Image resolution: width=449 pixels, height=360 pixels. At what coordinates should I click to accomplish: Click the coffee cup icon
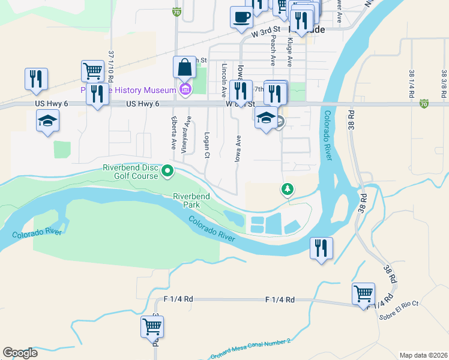tap(241, 17)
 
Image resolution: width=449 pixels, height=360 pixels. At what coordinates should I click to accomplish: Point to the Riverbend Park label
tap(191, 200)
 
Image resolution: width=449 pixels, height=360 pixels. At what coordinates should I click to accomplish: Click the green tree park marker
tap(288, 190)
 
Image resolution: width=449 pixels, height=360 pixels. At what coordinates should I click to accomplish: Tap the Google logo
tap(20, 353)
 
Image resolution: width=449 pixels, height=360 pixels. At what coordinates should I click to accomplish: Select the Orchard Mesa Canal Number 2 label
tap(250, 349)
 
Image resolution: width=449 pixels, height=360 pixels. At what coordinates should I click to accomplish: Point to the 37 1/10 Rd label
tap(111, 67)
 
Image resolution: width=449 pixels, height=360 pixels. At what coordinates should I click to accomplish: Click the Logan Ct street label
tap(206, 145)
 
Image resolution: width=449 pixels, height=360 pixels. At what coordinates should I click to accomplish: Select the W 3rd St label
tap(266, 31)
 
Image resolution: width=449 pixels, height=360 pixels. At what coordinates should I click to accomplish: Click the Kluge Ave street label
tap(290, 52)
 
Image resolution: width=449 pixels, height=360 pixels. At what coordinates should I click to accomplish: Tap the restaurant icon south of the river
tap(321, 247)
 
